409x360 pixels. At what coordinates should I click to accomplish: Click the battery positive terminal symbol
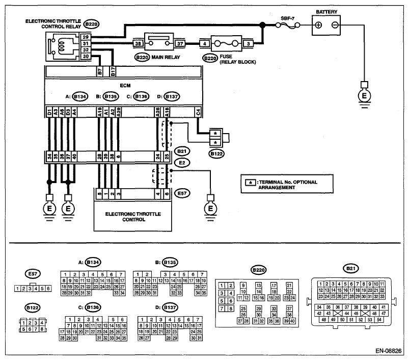318,25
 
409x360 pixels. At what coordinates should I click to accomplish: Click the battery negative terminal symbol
335,25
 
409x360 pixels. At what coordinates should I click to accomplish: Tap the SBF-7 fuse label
287,18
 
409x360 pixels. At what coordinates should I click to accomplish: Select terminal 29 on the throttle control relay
86,37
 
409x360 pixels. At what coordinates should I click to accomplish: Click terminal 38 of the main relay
138,43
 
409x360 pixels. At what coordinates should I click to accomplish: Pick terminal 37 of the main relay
180,43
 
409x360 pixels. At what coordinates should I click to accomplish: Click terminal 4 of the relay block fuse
205,43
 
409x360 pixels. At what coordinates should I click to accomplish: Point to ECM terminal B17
113,71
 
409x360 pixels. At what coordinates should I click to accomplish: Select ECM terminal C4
198,112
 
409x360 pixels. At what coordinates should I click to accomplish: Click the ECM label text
125,86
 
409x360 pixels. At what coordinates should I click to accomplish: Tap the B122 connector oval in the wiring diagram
216,154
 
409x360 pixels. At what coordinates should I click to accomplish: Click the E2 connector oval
182,163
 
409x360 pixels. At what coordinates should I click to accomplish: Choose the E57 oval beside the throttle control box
182,193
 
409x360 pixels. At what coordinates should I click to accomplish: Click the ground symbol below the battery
364,96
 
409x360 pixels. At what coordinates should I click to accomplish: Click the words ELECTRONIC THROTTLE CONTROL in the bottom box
133,217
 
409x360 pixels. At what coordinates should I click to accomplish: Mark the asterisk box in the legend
251,182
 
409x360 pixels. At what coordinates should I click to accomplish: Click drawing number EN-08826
389,351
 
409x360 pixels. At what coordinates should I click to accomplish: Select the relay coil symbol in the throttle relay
62,45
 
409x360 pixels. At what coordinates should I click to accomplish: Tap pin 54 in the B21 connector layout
379,320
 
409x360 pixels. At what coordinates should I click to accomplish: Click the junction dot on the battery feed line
262,25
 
